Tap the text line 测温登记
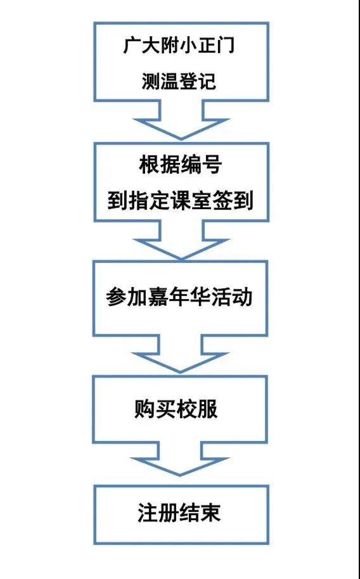click(179, 81)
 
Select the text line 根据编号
click(180, 165)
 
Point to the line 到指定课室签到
click(180, 201)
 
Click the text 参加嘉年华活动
click(179, 297)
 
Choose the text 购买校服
click(176, 409)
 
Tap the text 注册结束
click(179, 512)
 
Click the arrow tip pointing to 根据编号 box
click(181, 139)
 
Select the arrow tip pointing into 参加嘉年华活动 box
click(181, 258)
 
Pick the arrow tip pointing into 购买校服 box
click(180, 372)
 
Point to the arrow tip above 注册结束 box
click(181, 475)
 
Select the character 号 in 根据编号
click(212, 165)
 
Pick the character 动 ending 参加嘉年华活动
click(243, 297)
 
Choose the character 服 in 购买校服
click(208, 409)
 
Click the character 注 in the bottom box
click(148, 512)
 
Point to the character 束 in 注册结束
click(212, 512)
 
